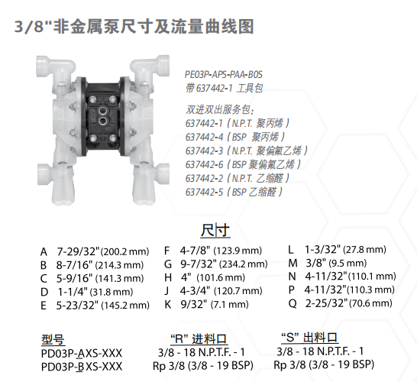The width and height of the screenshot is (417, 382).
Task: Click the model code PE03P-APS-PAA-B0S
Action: (223, 74)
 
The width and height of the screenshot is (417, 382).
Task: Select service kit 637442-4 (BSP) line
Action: (235, 138)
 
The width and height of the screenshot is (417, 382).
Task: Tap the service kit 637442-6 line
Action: (243, 165)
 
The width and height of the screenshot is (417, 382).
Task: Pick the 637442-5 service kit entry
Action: (234, 192)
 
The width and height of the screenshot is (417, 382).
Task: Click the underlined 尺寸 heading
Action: (215, 231)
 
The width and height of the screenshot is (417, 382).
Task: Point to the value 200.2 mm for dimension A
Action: (125, 251)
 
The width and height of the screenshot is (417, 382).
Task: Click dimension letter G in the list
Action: (168, 264)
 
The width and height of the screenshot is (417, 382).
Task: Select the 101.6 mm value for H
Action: (221, 278)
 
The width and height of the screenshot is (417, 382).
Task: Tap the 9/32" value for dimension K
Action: (194, 304)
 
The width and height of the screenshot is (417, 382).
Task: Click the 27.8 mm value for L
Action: (364, 250)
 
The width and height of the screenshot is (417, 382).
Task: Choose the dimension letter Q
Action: (293, 303)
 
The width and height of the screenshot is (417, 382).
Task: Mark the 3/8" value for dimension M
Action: (315, 263)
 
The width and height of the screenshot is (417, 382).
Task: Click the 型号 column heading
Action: (53, 339)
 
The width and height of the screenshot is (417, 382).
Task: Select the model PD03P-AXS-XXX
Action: (82, 353)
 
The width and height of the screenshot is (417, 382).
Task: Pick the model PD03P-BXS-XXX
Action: (82, 367)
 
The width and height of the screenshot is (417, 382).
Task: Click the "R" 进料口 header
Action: (199, 339)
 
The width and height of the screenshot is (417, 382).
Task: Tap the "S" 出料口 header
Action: (309, 338)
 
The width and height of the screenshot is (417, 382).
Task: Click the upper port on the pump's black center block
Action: (102, 110)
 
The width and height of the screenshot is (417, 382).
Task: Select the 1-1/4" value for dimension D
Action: (73, 292)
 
